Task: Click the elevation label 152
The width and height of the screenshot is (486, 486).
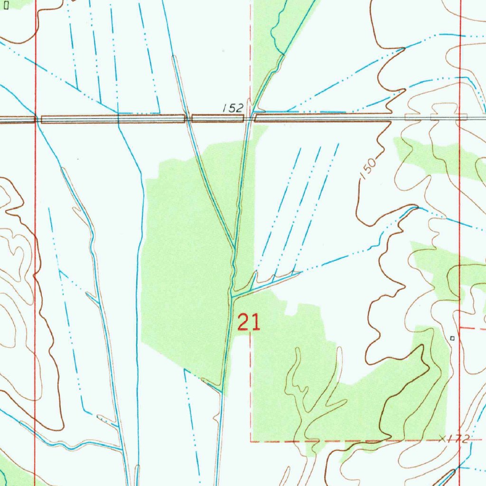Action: [x=233, y=108]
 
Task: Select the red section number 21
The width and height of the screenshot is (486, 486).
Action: [x=248, y=323]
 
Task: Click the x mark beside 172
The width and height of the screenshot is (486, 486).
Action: [x=443, y=437]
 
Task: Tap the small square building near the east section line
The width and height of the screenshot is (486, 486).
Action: [x=452, y=338]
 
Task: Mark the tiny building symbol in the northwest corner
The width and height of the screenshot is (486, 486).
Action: [x=6, y=7]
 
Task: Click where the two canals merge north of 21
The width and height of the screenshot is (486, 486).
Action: [x=234, y=249]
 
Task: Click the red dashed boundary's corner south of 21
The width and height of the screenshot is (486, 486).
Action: [x=251, y=441]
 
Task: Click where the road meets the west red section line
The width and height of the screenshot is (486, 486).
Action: [x=36, y=119]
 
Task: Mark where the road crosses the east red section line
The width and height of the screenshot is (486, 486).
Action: [x=460, y=117]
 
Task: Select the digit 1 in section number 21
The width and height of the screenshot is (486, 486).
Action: [x=256, y=323]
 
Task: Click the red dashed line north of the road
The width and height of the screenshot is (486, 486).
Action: [x=251, y=47]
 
